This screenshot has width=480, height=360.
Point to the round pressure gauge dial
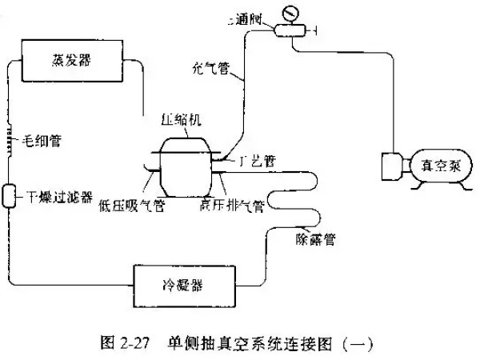coord(289,14)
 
